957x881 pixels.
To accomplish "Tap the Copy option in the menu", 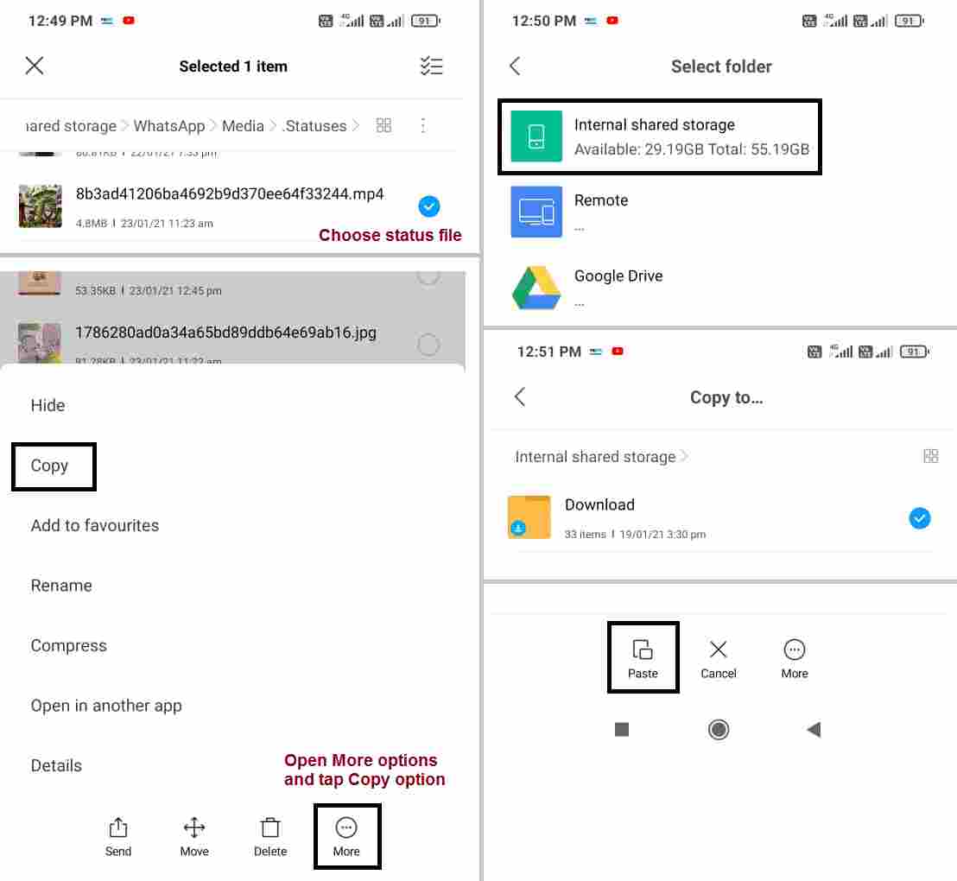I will click(x=50, y=466).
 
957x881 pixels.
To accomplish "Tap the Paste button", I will click(x=643, y=658).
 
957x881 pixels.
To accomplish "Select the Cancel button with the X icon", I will click(x=719, y=658).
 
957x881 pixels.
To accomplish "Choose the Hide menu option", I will click(x=48, y=405).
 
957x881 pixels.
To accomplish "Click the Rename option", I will click(x=61, y=586).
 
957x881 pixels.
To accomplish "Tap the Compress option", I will click(x=69, y=646).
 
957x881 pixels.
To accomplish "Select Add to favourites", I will click(x=95, y=525).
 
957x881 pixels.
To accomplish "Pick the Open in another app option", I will click(x=106, y=706).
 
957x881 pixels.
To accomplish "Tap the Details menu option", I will click(x=57, y=765).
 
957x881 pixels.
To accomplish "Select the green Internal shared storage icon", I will click(x=536, y=136).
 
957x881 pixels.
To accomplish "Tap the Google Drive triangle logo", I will click(x=536, y=288).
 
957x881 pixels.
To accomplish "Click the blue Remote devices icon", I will click(x=536, y=212).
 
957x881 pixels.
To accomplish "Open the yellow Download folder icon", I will click(x=529, y=517).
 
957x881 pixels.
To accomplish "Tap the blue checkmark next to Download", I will click(x=920, y=518).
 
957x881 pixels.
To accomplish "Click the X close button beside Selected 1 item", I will click(x=35, y=66).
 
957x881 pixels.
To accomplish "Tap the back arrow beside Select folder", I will click(x=516, y=67).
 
